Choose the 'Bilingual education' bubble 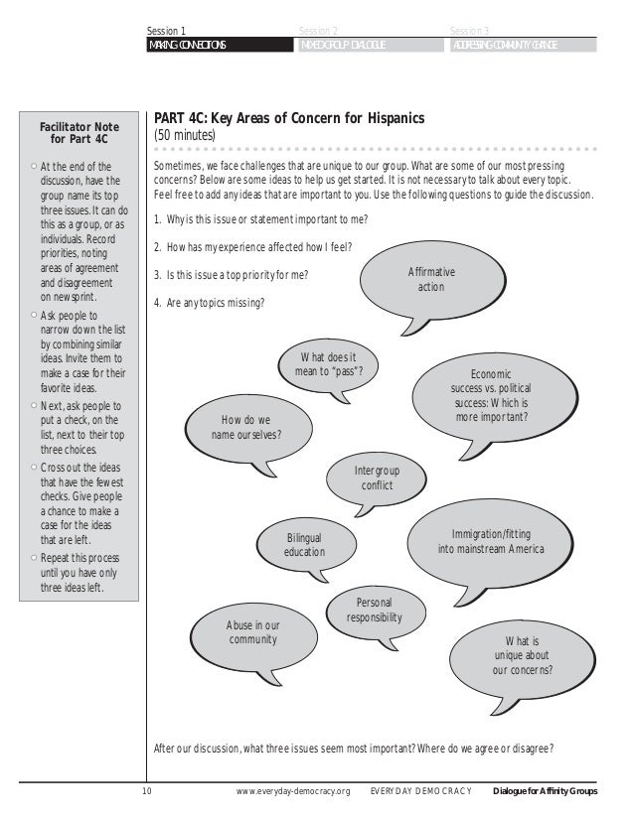(x=304, y=545)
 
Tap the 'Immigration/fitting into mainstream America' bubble (x=490, y=540)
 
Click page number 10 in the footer (x=147, y=791)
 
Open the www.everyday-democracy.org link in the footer (x=294, y=791)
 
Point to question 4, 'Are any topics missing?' (x=210, y=303)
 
